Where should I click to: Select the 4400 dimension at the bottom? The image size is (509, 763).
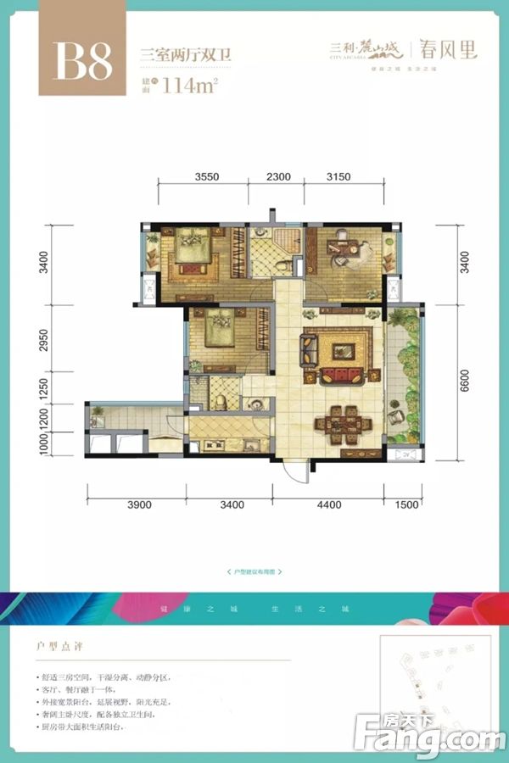coord(329,505)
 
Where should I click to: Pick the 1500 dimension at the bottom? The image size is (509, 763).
coord(406,505)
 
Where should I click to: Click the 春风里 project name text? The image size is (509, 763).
coord(446,49)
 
